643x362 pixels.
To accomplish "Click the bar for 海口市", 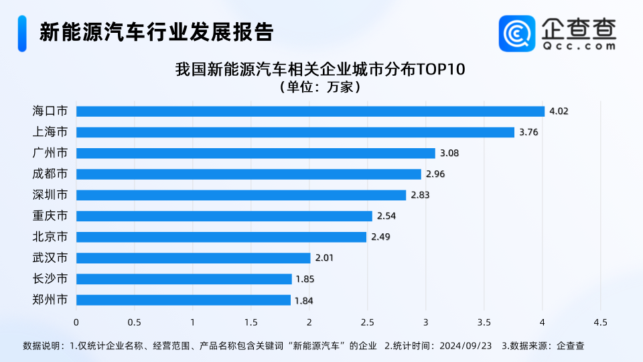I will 310,111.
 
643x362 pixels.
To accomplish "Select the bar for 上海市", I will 295,132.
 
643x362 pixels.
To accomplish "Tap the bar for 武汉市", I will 193,258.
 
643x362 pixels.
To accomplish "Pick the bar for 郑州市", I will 183,300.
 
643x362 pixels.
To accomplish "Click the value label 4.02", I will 559,111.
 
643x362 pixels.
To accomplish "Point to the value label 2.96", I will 435,174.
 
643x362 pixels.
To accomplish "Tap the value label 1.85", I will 305,279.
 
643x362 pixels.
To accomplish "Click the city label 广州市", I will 50,153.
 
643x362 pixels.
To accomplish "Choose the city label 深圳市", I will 50,195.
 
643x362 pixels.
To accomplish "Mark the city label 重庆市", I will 50,216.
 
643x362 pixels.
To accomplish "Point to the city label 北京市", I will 50,237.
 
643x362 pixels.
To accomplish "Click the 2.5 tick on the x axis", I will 367,322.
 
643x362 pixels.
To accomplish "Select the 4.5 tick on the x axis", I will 600,322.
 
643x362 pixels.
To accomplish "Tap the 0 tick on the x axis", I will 76,322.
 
